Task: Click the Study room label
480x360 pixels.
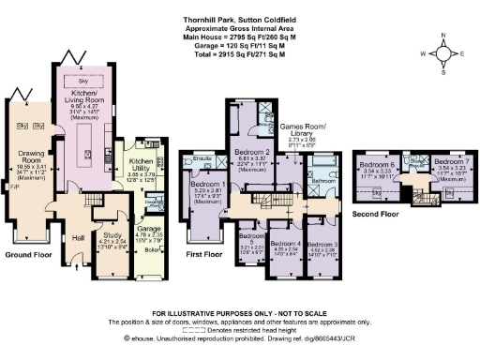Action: [112, 237]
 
